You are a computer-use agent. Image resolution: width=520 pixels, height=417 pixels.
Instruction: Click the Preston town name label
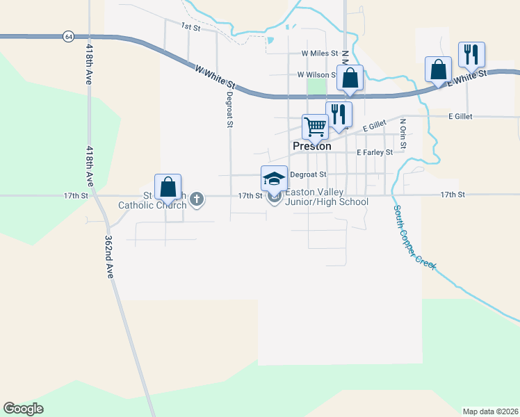point(311,146)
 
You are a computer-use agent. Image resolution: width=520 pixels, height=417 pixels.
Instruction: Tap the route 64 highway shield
point(67,36)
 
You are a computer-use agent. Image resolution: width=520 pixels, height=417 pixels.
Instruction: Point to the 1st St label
point(190,26)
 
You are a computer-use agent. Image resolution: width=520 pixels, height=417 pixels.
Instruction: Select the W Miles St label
point(319,53)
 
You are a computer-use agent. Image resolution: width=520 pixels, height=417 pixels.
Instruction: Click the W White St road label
point(216,78)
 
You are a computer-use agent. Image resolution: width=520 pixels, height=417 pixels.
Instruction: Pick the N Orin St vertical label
point(403,133)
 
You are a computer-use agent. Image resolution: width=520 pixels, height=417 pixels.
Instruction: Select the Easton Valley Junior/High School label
point(327,197)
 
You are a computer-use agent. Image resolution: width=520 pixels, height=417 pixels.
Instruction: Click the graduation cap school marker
point(274,178)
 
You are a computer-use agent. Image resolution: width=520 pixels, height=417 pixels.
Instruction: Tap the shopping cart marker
point(315,127)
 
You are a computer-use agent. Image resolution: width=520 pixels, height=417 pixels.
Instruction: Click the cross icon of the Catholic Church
point(197,199)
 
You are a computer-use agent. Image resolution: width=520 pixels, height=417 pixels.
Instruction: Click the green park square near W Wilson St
point(316,86)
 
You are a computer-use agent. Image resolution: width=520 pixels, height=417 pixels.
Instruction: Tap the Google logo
point(23,409)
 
